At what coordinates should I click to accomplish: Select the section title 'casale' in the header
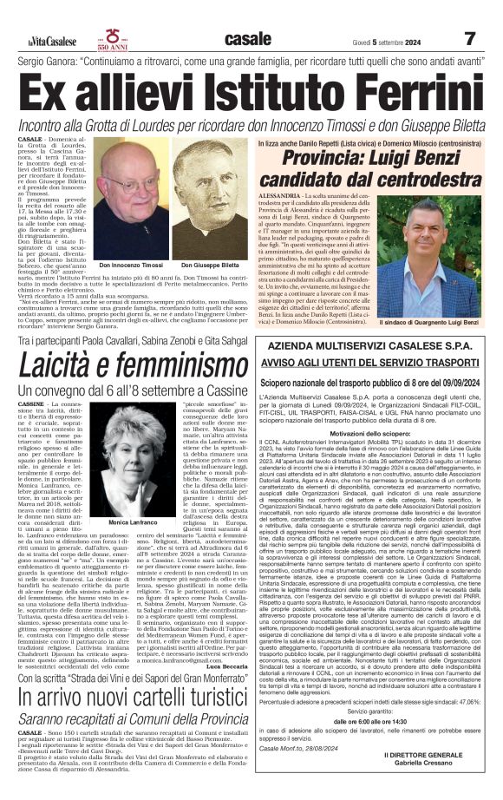click(248, 39)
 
